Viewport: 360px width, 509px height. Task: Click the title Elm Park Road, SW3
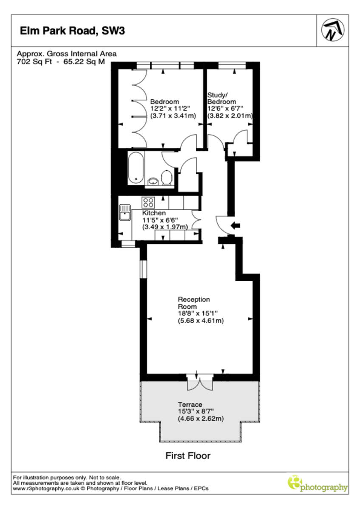[x=73, y=31]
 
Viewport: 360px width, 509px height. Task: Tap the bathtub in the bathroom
[x=136, y=168]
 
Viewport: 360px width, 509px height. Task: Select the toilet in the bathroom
[x=167, y=178]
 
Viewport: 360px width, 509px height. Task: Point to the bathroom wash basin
[x=152, y=182]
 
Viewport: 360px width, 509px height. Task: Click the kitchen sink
[x=125, y=213]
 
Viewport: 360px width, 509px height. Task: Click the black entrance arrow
[x=234, y=226]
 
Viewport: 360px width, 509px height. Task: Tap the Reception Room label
[x=194, y=303]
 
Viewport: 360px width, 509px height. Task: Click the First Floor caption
[x=188, y=456]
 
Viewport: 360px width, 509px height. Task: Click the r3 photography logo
[x=318, y=484]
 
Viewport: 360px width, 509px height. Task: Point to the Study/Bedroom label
[x=221, y=98]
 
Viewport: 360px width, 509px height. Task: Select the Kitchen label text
[x=154, y=213]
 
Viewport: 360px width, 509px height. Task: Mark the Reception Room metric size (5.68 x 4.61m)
[x=200, y=321]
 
